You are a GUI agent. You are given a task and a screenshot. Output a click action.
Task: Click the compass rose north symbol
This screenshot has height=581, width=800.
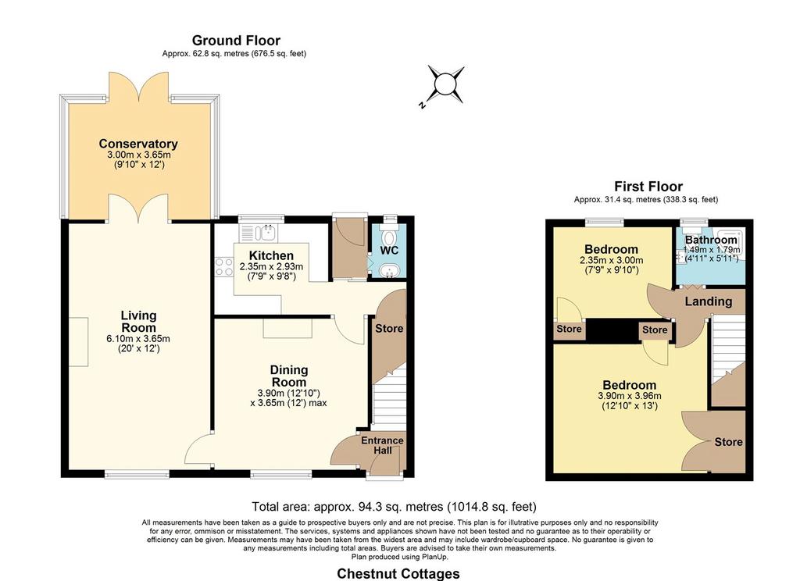click(445, 84)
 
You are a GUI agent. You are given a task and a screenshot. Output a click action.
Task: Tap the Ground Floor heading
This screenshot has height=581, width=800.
click(236, 41)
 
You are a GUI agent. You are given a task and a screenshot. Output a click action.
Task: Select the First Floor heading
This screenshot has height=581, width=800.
click(648, 186)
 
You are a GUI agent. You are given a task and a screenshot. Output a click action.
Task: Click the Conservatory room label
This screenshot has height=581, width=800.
click(138, 144)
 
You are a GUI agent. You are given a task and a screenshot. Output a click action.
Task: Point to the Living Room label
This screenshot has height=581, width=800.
click(138, 322)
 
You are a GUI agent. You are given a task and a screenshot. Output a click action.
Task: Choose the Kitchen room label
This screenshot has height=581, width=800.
click(271, 255)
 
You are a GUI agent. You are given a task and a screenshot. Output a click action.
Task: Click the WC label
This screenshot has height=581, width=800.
click(389, 251)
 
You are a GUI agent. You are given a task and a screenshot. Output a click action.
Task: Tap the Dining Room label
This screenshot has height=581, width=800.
click(289, 376)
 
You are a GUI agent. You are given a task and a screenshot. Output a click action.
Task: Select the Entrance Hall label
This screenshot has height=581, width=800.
click(382, 445)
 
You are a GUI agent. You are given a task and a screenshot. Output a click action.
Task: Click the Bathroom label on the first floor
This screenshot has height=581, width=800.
click(711, 240)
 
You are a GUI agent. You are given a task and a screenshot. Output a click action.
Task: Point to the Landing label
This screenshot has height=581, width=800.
click(708, 301)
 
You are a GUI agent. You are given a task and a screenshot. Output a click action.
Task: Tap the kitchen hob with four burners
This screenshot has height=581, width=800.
click(224, 267)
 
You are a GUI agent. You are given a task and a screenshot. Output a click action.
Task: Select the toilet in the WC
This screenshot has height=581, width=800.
click(389, 237)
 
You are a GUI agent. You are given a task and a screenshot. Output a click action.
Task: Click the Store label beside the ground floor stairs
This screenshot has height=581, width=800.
click(389, 329)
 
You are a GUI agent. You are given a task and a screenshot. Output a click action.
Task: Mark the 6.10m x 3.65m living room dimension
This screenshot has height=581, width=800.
click(138, 339)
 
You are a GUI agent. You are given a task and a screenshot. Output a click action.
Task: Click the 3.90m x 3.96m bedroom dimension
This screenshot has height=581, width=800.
click(630, 396)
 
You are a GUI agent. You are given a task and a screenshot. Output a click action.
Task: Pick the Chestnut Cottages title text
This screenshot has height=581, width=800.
click(398, 574)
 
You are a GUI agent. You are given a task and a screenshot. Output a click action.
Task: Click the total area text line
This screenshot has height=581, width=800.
click(394, 507)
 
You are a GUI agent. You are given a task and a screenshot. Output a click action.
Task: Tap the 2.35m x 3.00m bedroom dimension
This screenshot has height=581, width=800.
click(611, 260)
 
